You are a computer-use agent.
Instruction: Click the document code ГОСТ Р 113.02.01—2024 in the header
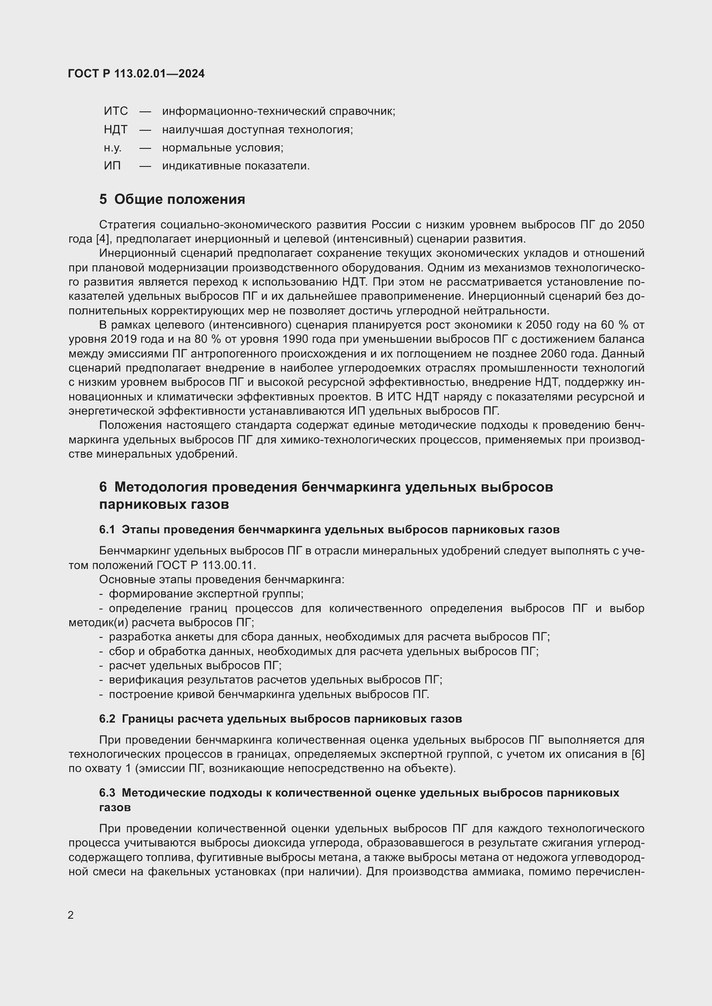[x=136, y=74]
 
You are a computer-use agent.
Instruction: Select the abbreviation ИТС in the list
[x=116, y=111]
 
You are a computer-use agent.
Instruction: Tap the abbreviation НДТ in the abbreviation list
[x=116, y=130]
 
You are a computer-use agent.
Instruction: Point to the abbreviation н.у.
[x=113, y=148]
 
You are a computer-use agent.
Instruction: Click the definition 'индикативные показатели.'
[x=236, y=166]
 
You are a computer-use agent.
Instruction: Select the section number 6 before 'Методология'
[x=103, y=487]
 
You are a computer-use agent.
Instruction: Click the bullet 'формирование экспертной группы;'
[x=206, y=594]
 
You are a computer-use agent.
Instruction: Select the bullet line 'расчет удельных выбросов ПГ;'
[x=195, y=665]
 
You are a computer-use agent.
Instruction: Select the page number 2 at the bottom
[x=71, y=915]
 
